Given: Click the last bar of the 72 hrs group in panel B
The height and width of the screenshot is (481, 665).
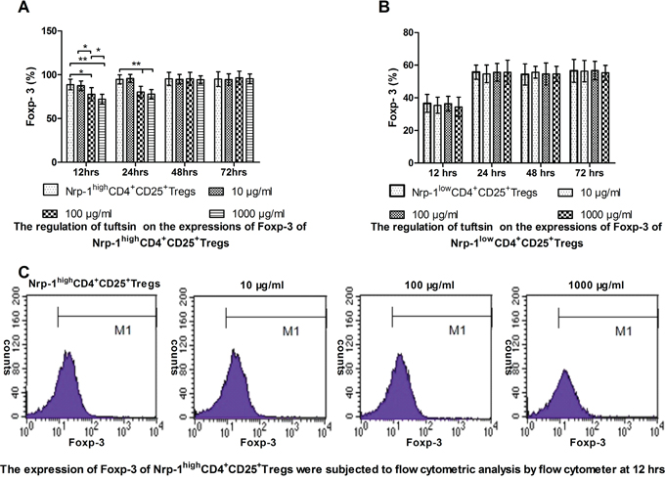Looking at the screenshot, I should [x=605, y=111].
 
